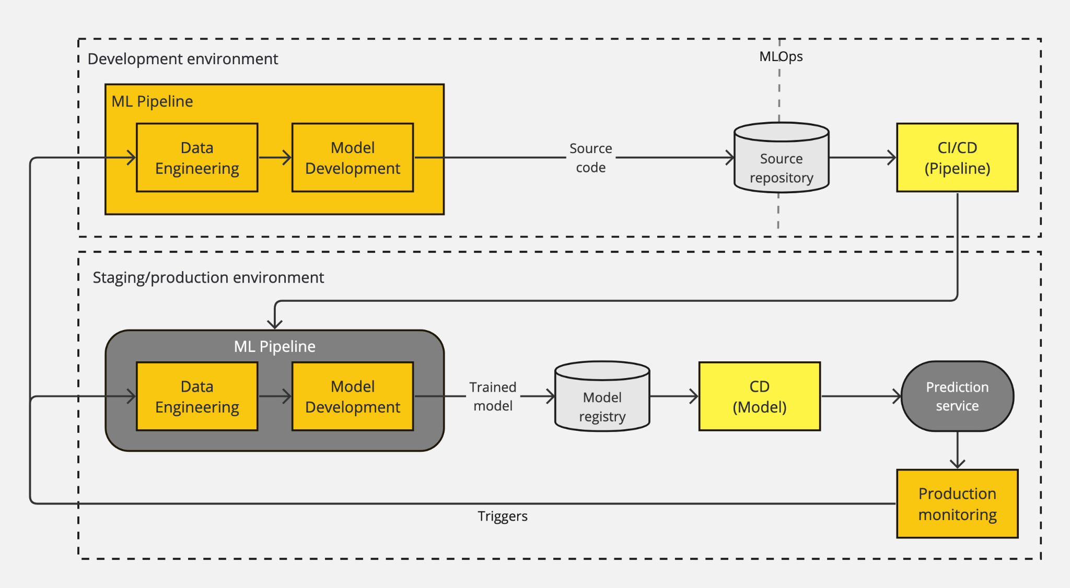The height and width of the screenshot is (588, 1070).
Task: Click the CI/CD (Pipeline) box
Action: pos(957,158)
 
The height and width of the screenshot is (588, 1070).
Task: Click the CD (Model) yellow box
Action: pos(759,396)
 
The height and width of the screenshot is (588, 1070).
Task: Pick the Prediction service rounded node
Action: pos(957,396)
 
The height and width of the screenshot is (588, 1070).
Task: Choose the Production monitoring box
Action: pos(957,503)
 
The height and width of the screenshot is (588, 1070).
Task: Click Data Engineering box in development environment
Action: pos(197,158)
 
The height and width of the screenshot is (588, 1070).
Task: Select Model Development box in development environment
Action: pos(353,158)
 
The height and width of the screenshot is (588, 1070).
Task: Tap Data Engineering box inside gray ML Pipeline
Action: pos(197,396)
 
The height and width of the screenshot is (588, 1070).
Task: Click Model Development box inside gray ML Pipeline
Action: pos(353,396)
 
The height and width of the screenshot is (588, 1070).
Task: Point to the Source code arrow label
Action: pos(590,158)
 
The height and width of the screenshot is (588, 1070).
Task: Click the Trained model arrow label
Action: pos(492,396)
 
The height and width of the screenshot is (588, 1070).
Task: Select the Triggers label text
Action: pos(502,516)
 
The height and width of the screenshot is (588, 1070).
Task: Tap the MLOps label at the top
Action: pos(781,56)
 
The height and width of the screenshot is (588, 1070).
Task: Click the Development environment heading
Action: pos(182,59)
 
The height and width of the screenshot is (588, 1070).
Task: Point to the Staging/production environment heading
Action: pos(208,277)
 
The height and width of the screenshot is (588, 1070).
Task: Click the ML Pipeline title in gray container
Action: pos(274,347)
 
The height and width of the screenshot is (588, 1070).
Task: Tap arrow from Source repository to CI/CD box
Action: pos(863,157)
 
